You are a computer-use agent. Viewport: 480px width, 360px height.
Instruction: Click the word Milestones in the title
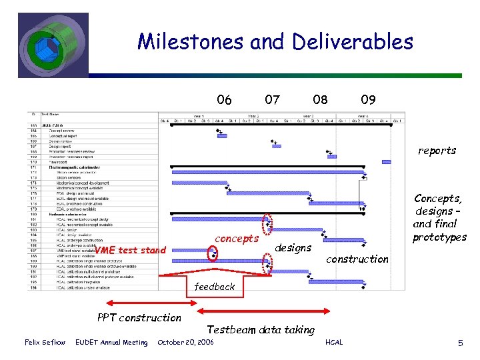click(x=190, y=42)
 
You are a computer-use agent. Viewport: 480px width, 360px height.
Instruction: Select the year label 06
click(x=225, y=100)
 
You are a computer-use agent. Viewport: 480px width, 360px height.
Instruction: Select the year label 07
click(x=272, y=100)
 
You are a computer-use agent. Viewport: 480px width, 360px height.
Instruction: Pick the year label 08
click(x=320, y=100)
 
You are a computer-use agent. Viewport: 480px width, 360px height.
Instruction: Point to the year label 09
click(x=368, y=100)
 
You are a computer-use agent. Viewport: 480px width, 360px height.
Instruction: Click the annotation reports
click(x=437, y=151)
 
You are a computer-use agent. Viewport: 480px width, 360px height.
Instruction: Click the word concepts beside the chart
click(x=237, y=239)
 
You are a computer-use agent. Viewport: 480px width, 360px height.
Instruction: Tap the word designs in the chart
click(x=293, y=248)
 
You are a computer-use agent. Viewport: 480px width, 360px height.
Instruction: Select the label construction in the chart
click(x=357, y=259)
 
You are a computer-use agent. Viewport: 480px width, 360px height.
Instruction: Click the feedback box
click(x=215, y=287)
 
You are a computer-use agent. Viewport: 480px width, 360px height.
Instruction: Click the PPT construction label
click(x=139, y=317)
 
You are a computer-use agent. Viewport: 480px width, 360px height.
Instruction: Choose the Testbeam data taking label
click(x=261, y=329)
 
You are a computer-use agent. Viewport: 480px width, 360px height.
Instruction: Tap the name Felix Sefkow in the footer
click(x=45, y=343)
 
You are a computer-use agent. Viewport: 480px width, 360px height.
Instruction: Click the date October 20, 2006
click(x=185, y=343)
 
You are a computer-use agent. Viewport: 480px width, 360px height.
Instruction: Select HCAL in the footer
click(x=334, y=343)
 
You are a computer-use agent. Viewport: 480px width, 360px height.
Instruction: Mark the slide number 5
click(x=460, y=343)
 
